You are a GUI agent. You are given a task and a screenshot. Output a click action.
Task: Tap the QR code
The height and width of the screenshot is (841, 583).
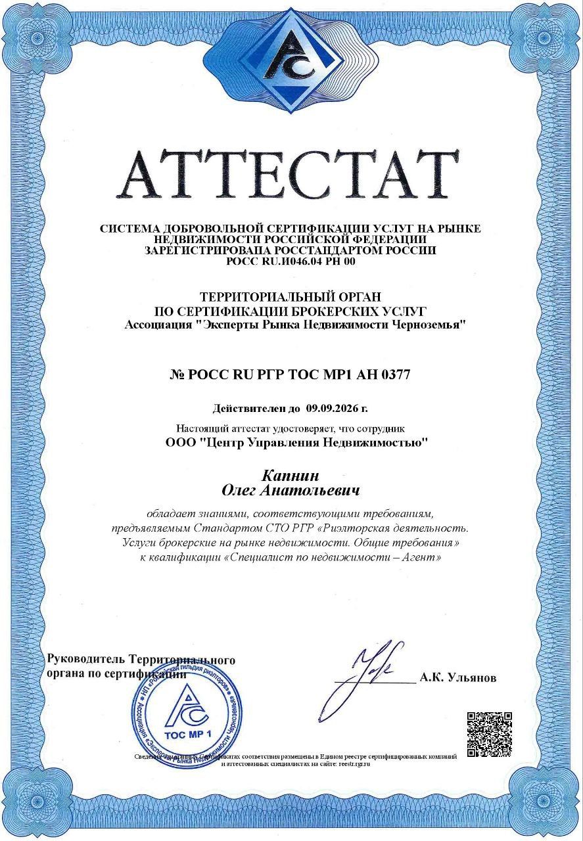coord(489,734)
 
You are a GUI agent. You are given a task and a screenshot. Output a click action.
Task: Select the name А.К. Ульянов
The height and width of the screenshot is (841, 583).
coord(457,678)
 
